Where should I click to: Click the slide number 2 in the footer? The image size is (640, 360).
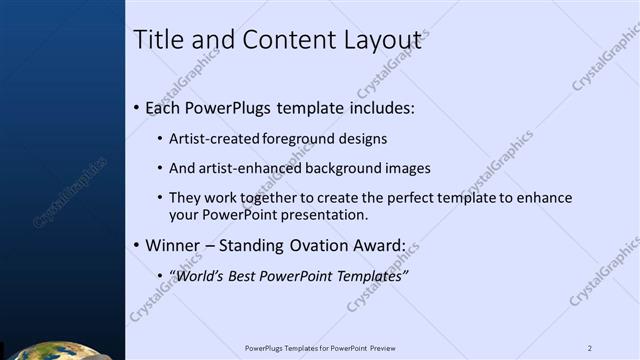pos(590,348)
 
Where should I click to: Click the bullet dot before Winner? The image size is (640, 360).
pos(137,245)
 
